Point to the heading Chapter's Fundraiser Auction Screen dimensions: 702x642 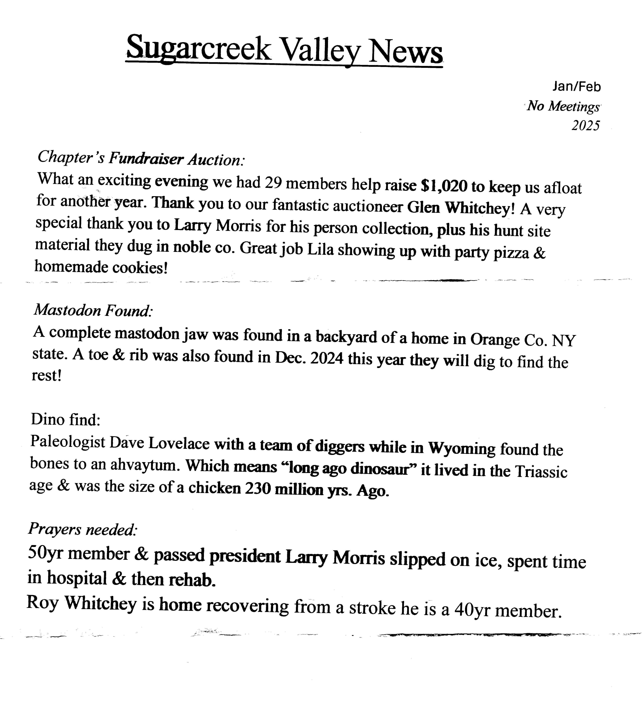(141, 158)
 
